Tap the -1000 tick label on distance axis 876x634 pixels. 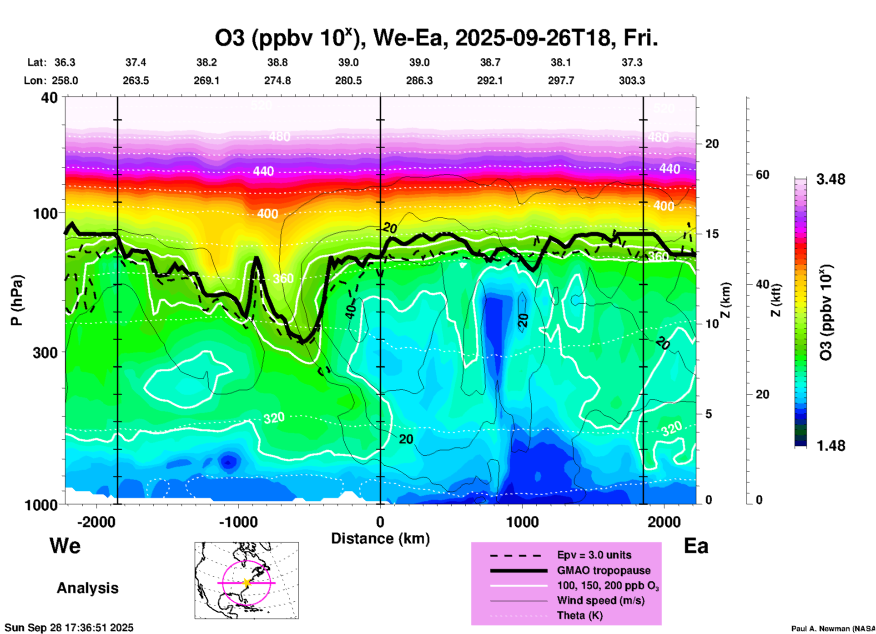(x=238, y=522)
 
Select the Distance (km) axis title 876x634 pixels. (x=380, y=538)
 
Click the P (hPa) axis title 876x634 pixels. (x=17, y=300)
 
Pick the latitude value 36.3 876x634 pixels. (x=65, y=62)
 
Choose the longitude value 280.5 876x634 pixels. (x=348, y=81)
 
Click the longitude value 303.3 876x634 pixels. (x=632, y=81)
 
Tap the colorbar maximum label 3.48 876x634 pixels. (x=831, y=180)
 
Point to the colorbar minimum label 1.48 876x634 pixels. (x=831, y=446)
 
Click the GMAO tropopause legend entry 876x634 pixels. (x=604, y=570)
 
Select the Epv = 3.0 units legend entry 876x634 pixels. (x=594, y=555)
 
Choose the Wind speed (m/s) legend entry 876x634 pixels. (x=600, y=601)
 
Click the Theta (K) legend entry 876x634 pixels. (x=579, y=616)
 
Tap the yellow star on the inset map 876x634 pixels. (x=247, y=583)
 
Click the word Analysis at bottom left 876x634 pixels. (x=87, y=588)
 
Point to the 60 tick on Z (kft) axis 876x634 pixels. (x=762, y=175)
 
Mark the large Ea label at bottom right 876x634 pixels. (x=696, y=546)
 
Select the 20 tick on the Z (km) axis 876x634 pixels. (x=711, y=144)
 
